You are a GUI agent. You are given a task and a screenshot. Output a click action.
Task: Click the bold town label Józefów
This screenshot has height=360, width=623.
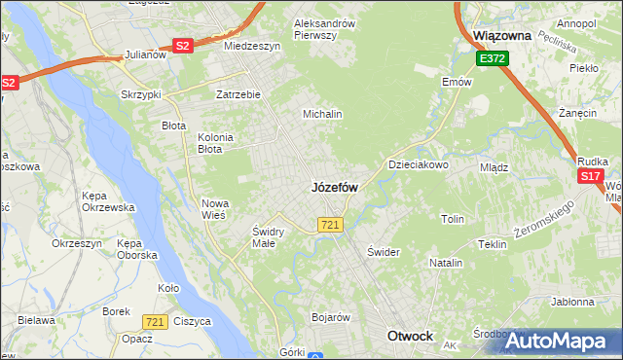335,187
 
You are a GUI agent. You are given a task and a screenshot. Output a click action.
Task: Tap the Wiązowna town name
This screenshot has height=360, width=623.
501,35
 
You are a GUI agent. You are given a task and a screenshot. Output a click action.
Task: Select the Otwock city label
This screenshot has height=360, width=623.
410,336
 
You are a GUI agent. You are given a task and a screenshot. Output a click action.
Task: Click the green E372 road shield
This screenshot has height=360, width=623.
492,59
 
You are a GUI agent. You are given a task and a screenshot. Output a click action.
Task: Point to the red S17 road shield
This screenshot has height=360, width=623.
590,176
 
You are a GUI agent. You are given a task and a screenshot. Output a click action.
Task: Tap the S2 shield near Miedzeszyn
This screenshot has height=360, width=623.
183,45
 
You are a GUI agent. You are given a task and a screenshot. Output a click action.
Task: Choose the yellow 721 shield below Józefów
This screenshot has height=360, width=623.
329,225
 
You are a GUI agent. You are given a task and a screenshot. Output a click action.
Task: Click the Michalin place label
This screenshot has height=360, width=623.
322,114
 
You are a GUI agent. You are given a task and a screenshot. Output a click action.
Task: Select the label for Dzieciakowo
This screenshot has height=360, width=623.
419,165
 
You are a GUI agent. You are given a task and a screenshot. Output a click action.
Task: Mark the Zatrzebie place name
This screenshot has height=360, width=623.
238,95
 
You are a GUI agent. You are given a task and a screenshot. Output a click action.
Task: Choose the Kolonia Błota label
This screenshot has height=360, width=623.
215,143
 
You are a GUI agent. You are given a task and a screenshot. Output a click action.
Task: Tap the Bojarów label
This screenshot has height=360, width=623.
330,317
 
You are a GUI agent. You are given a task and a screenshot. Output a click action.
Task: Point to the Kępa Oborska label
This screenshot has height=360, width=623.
136,249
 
